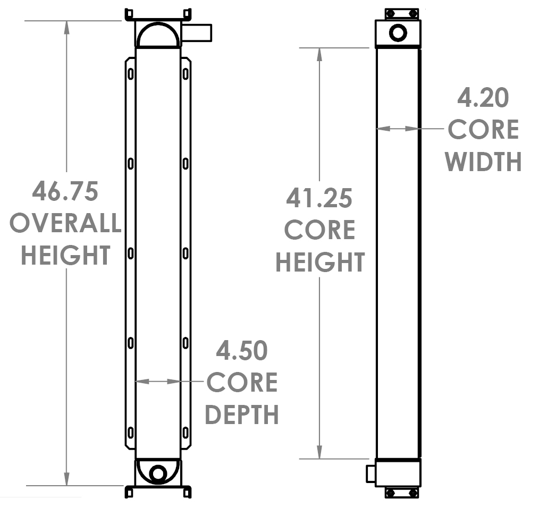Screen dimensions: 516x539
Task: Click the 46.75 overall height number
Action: (65, 191)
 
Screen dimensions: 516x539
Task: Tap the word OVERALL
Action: (65, 223)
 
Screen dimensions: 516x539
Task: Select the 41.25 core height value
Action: (319, 198)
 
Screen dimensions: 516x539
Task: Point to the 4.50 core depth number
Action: (242, 351)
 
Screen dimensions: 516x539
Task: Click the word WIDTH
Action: (483, 162)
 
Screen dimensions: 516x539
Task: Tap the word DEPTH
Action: (242, 415)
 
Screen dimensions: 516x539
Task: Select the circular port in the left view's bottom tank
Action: (157, 473)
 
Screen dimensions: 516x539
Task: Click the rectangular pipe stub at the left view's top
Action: (197, 33)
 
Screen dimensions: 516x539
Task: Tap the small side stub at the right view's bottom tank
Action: (371, 473)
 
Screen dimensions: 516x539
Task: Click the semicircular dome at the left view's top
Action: (158, 36)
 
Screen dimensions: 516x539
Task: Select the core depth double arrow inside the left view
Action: (158, 381)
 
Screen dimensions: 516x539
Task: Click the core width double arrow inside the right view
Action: (397, 128)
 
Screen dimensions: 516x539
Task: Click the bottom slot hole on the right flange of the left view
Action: (186, 433)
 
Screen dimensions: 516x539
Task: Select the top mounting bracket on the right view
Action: (401, 14)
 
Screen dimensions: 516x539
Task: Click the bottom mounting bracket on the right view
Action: (401, 493)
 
